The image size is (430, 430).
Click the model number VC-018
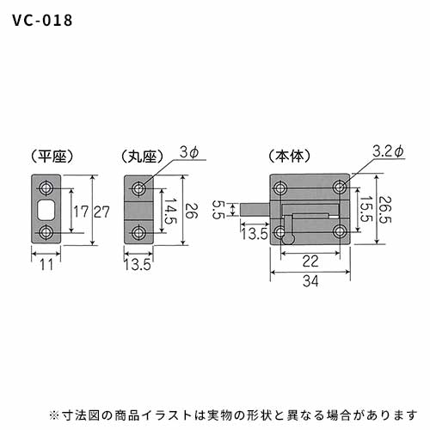(42, 21)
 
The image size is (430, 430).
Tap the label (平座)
(52, 157)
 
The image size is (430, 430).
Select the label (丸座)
(142, 157)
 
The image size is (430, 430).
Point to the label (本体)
(290, 157)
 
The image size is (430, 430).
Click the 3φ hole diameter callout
(189, 152)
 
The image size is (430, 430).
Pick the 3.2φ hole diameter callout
(389, 151)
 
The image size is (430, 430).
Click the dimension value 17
(81, 212)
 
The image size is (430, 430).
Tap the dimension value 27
(101, 212)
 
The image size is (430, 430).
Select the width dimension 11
(46, 265)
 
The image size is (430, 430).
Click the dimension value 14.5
(170, 211)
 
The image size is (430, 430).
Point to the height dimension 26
(192, 211)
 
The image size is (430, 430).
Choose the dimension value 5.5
(218, 210)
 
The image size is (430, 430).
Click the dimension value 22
(310, 261)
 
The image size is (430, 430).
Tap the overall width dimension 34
(310, 281)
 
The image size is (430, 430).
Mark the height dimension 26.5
(384, 209)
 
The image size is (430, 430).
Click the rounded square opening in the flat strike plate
(46, 210)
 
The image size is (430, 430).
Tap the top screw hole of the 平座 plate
(46, 188)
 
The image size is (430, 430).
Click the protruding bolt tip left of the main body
(255, 210)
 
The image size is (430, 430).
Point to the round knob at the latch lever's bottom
(288, 238)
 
